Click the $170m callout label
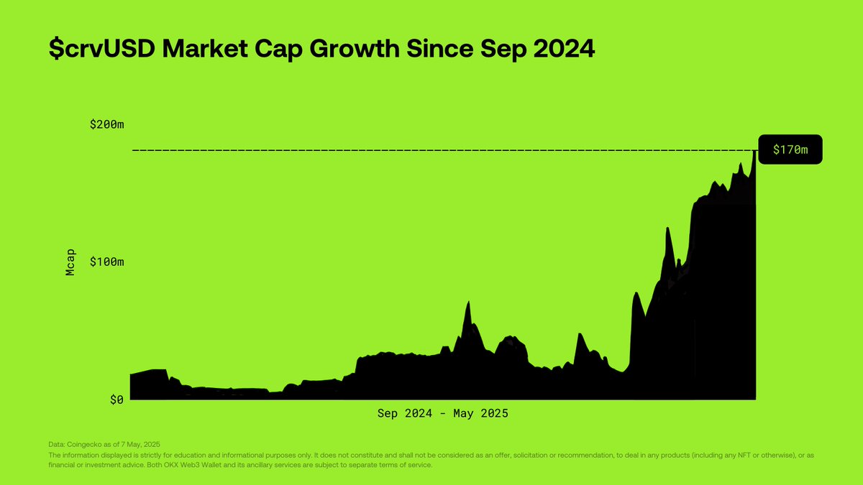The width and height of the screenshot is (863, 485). pyautogui.click(x=790, y=149)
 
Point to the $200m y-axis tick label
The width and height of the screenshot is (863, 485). pyautogui.click(x=106, y=124)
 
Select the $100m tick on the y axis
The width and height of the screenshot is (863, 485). pyautogui.click(x=106, y=262)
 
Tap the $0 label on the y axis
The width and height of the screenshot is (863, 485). pyautogui.click(x=117, y=399)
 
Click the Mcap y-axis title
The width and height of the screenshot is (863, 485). pyautogui.click(x=70, y=262)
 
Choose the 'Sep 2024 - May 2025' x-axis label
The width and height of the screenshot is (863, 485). pyautogui.click(x=443, y=413)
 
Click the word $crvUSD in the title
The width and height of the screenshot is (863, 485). pyautogui.click(x=102, y=49)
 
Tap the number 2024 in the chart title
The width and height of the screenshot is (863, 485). pyautogui.click(x=564, y=49)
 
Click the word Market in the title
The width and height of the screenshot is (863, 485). pyautogui.click(x=205, y=49)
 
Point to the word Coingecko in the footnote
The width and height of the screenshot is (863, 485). pyautogui.click(x=82, y=445)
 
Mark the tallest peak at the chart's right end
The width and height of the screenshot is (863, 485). pyautogui.click(x=754, y=151)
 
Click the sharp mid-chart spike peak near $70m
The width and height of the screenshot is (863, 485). pyautogui.click(x=468, y=302)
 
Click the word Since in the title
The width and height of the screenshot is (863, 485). pyautogui.click(x=440, y=49)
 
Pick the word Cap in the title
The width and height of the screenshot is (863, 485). pyautogui.click(x=278, y=50)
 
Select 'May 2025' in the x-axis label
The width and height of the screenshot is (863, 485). pyautogui.click(x=481, y=413)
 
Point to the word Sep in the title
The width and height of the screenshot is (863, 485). pyautogui.click(x=503, y=50)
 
